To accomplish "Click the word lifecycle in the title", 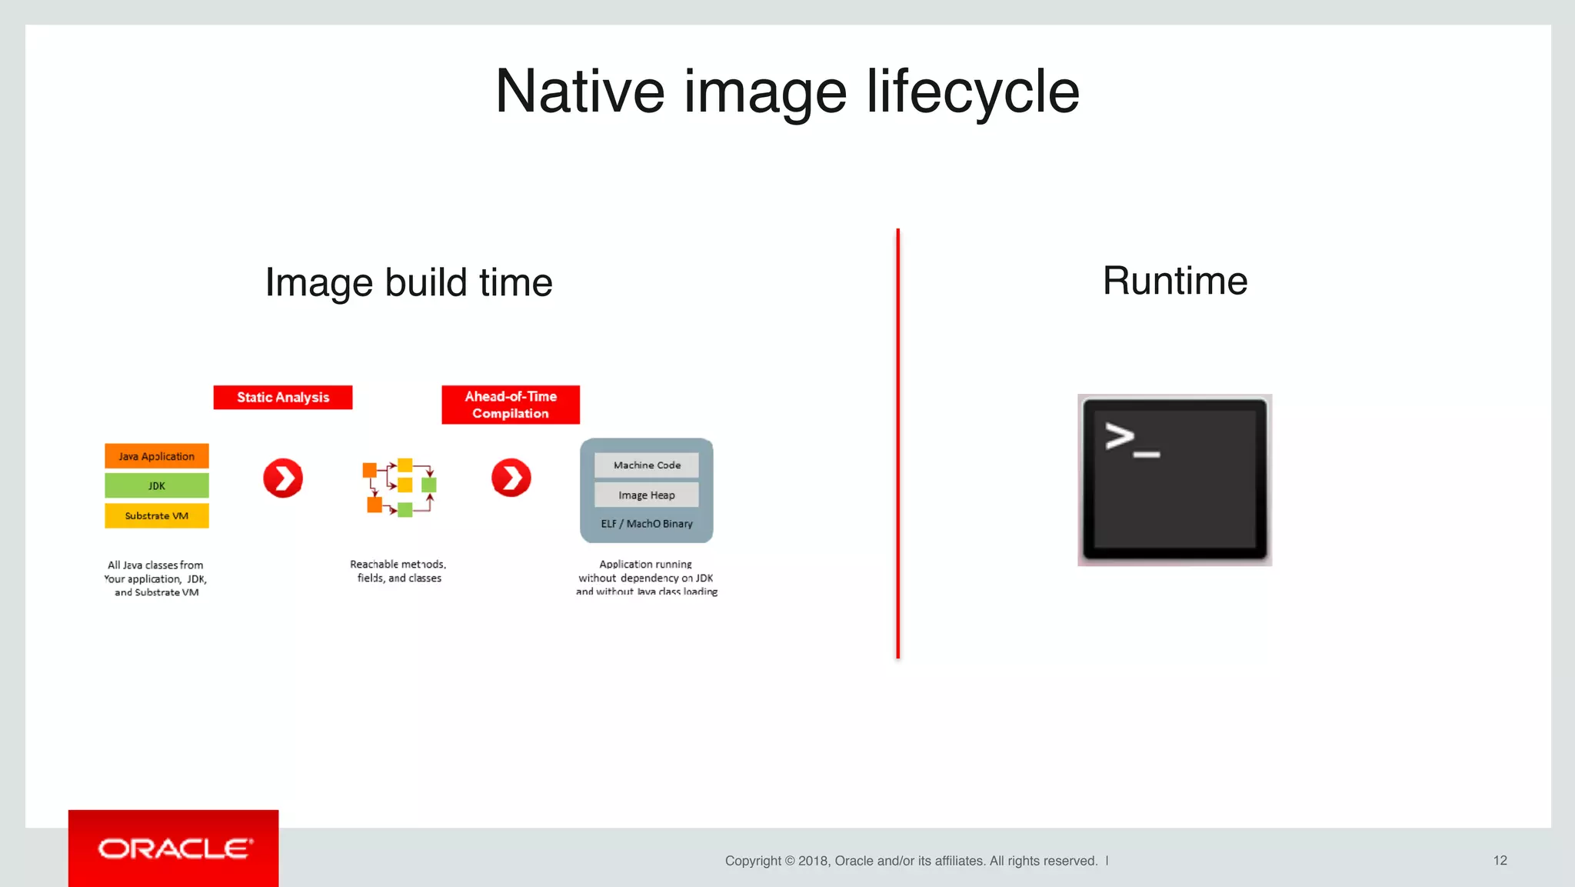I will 973,92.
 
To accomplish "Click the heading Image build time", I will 408,282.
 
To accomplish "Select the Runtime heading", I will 1174,281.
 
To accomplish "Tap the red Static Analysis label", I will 283,397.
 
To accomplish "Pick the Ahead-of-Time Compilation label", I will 511,405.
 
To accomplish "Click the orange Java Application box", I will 157,456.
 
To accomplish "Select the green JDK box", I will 157,485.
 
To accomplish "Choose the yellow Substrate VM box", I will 157,515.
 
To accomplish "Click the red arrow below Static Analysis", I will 283,479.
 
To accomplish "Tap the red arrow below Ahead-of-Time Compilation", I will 511,479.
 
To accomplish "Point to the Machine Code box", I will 647,465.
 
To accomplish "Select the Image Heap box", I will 647,495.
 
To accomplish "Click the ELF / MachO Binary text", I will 647,524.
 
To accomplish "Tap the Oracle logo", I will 174,849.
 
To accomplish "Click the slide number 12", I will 1500,861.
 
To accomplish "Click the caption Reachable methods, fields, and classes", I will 398,571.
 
